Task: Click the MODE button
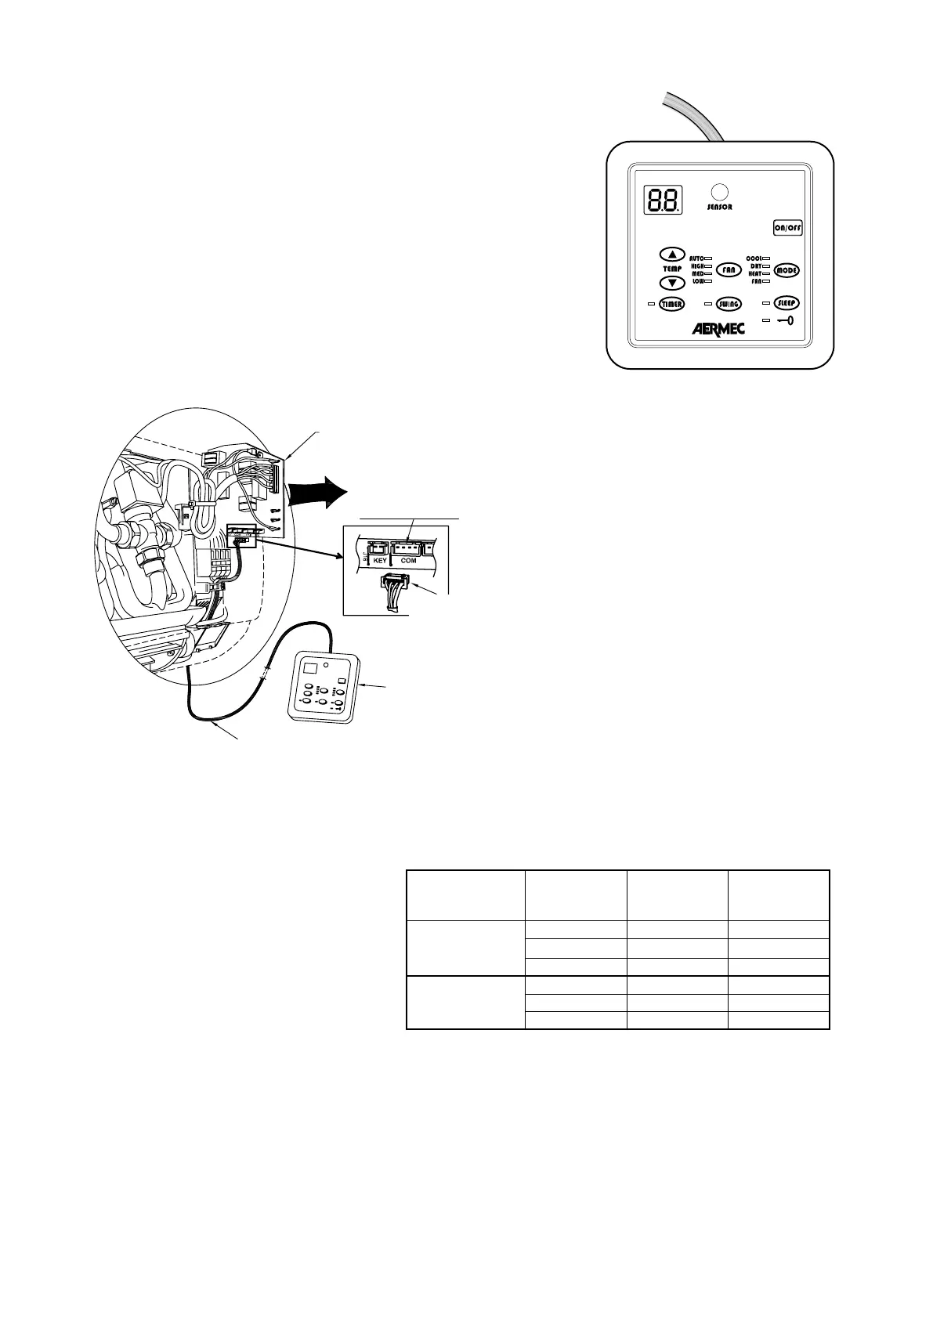787,270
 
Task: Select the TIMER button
671,305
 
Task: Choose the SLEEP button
787,303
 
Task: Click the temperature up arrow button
672,255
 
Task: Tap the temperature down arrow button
672,283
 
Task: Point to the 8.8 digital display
663,201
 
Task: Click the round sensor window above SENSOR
719,192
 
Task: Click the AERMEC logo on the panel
718,329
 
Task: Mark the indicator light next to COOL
766,258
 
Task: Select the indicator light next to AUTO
707,258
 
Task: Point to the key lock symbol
786,320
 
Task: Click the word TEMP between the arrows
672,269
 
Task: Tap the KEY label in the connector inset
380,561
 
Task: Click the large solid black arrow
317,494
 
